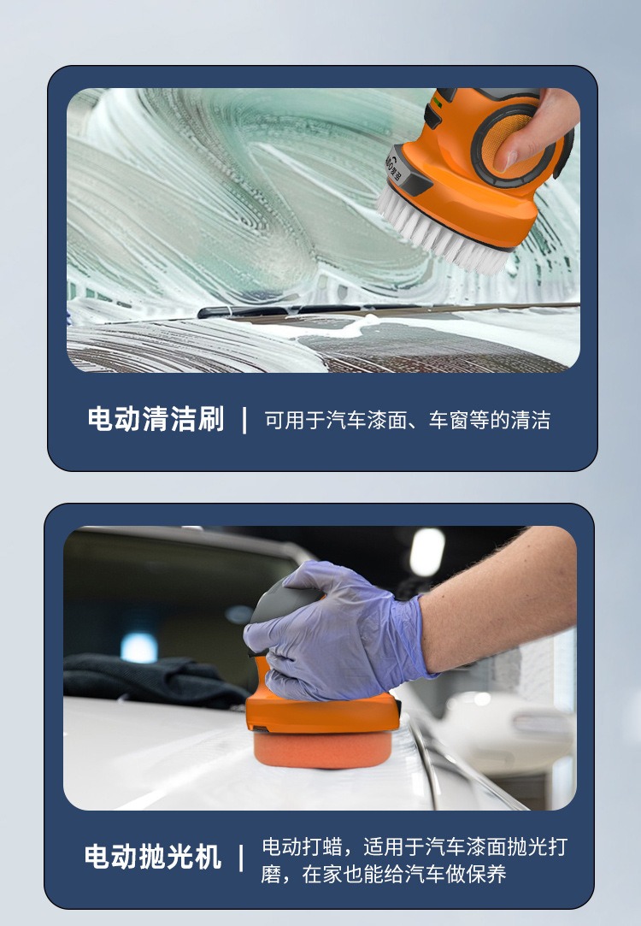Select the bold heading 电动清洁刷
pos(156,420)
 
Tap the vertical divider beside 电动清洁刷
pos(244,420)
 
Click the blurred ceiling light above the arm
pos(427,551)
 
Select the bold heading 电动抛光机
pos(152,858)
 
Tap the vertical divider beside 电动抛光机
pos(241,858)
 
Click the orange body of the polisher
pos(325,714)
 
